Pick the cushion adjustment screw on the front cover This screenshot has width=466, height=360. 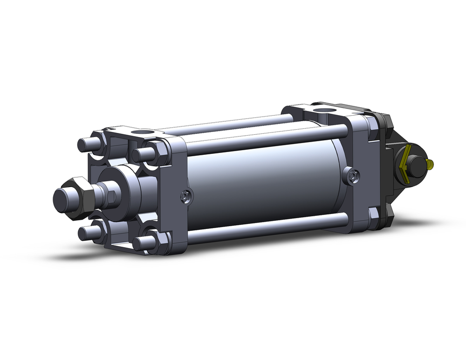click(x=186, y=197)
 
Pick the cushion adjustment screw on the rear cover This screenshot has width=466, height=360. click(x=353, y=175)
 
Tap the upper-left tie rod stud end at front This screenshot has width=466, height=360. click(x=83, y=144)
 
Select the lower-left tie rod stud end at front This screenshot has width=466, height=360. click(x=84, y=233)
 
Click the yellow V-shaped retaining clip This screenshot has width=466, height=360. click(x=404, y=165)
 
